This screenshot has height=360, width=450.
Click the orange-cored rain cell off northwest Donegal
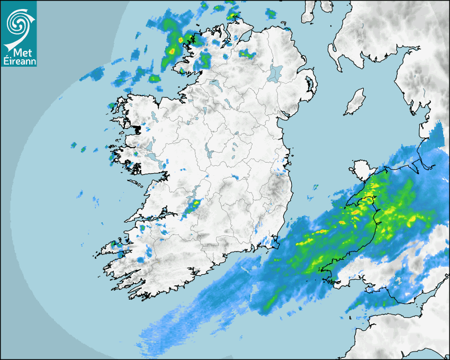pos(181,39)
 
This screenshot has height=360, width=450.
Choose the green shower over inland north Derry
pos(247,53)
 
